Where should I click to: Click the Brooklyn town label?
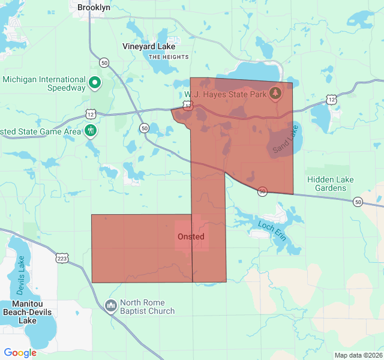point(94,8)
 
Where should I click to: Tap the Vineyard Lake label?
point(149,46)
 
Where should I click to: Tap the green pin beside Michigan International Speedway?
point(94,83)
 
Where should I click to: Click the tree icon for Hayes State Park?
point(275,92)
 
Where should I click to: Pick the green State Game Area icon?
point(91,130)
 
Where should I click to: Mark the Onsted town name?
point(191,236)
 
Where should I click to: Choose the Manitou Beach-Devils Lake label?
point(28,313)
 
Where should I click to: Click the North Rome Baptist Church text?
point(147,307)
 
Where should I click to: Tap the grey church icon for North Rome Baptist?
point(110,306)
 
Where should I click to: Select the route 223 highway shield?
point(62,259)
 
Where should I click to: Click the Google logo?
point(20,353)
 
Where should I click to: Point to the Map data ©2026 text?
point(358,355)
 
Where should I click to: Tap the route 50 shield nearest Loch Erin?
point(262,191)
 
